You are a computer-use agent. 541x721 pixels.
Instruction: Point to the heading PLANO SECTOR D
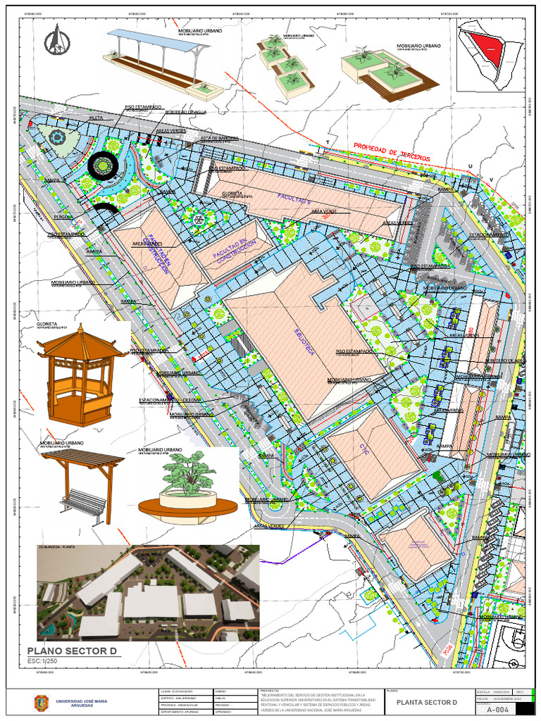70,651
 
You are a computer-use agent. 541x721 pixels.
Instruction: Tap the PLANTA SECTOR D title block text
427,703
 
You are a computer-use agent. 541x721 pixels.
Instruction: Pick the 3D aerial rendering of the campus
148,593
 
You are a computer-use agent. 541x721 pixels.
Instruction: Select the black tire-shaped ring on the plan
103,166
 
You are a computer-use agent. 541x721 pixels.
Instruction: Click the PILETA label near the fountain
96,118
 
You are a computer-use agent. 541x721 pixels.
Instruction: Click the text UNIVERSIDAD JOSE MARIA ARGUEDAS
82,703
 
